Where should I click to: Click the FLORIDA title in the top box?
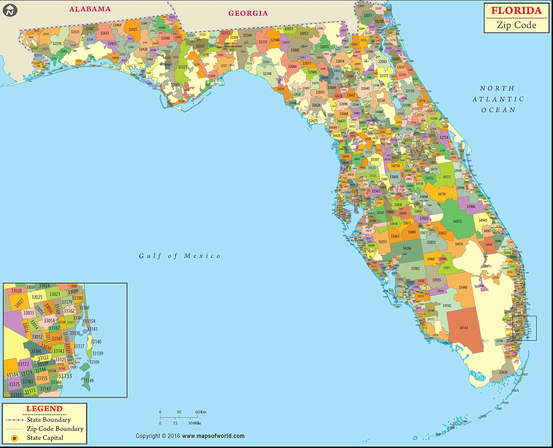[516, 11]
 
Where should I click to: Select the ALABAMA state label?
[90, 9]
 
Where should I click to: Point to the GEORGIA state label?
[248, 13]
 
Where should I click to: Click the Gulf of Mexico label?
[180, 256]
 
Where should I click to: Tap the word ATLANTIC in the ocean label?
[498, 99]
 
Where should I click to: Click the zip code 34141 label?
[463, 328]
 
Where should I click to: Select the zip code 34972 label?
[457, 221]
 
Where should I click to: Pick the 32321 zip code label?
[183, 67]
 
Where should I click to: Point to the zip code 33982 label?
[415, 268]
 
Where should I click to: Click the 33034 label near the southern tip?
[503, 372]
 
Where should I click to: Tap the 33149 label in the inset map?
[88, 380]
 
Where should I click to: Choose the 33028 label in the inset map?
[16, 291]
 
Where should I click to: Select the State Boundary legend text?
[49, 420]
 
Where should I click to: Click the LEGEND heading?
[44, 409]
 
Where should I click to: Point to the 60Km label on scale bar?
[201, 412]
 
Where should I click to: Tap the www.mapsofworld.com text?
[213, 436]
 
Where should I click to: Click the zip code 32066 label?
[292, 66]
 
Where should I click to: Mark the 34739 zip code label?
[442, 194]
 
